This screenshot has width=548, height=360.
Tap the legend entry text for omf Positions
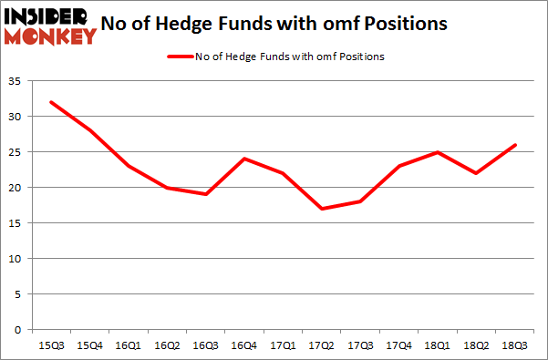pyautogui.click(x=290, y=57)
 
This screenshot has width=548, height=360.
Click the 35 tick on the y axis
pyautogui.click(x=16, y=81)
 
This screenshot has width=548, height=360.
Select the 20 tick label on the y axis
pyautogui.click(x=16, y=188)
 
